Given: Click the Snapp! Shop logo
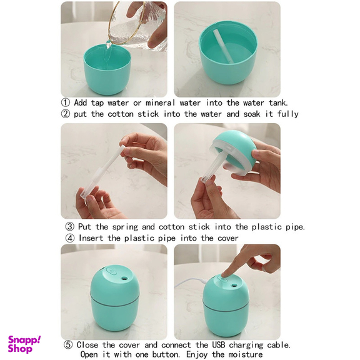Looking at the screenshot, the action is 24,344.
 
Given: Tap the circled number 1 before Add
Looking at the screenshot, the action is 66,102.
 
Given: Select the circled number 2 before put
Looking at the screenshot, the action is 66,114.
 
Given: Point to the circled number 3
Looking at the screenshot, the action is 70,227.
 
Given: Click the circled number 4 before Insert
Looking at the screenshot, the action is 70,238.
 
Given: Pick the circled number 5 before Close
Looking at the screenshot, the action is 68,344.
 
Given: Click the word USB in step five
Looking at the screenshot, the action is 218,344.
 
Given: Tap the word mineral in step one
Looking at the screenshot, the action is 160,102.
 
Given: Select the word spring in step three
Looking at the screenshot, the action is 125,227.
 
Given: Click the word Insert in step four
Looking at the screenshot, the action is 91,238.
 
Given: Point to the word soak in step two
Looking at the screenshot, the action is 252,114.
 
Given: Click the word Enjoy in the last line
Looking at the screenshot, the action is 197,354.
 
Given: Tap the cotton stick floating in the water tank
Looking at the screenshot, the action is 223,46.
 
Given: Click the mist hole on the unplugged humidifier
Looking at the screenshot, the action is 124,278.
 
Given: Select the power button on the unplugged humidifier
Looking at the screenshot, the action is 112,272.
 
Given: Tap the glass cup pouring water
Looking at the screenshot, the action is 137,24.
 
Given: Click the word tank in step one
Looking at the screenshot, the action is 278,102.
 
